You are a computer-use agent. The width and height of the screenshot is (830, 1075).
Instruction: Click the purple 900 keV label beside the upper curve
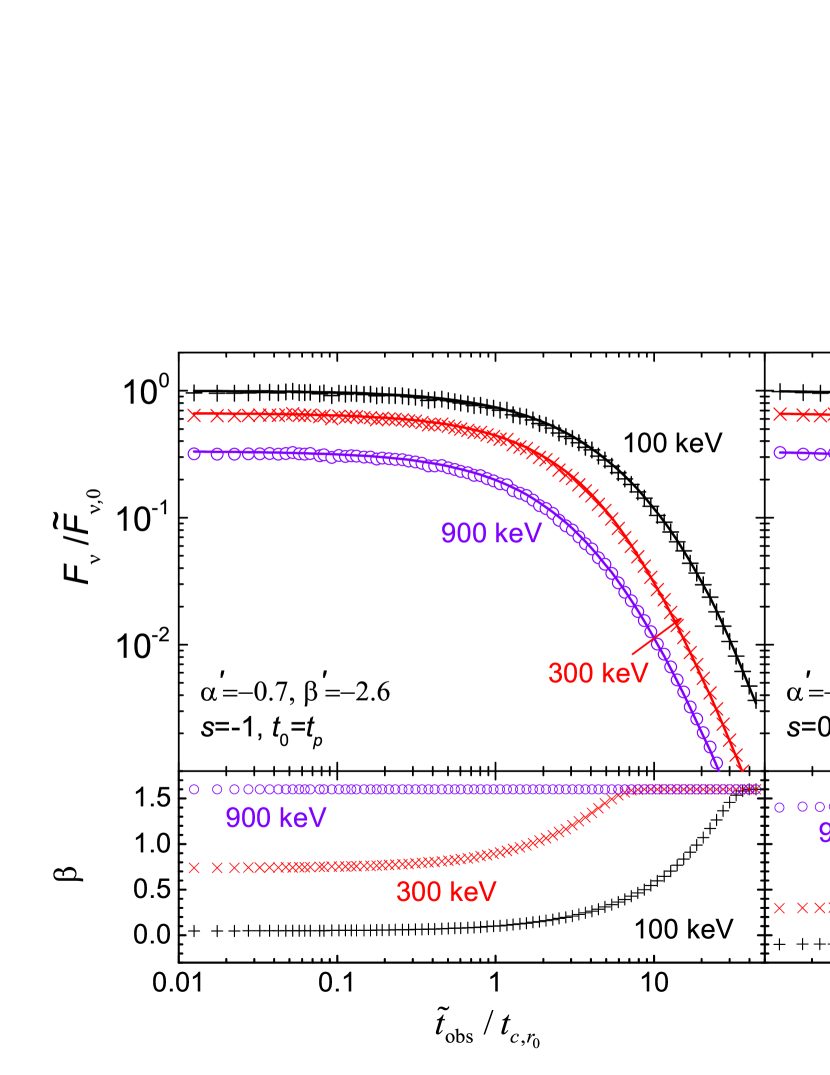point(491,534)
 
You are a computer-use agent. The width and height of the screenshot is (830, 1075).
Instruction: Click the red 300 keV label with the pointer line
point(598,674)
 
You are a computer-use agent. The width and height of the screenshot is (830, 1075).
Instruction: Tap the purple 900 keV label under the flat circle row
point(276,818)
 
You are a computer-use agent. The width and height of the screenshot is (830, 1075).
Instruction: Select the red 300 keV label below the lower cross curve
point(446,892)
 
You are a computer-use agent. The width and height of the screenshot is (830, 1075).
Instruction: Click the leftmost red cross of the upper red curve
point(194,415)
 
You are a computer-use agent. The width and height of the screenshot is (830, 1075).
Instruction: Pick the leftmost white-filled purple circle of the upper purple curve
point(194,453)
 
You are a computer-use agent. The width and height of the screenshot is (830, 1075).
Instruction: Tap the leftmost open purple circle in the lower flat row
point(194,789)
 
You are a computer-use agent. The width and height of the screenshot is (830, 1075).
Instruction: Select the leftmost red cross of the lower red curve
point(194,868)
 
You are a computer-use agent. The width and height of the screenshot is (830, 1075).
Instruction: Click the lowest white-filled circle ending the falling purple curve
point(716,763)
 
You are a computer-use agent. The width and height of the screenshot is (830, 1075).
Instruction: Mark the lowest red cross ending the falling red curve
point(740,764)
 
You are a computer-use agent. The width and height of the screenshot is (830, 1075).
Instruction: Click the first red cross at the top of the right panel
point(780,414)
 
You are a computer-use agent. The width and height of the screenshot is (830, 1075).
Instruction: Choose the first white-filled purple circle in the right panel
point(780,452)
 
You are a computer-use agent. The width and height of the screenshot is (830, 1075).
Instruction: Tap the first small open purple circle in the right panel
point(780,807)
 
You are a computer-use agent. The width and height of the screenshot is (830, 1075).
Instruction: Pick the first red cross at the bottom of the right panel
point(780,908)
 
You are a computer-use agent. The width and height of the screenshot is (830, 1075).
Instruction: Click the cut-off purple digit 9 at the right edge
point(824,833)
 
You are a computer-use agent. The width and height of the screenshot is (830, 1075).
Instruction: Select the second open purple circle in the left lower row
point(217,789)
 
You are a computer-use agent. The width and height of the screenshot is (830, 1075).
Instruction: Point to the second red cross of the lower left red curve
point(217,868)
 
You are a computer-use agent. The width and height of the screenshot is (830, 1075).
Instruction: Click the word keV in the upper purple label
point(518,534)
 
